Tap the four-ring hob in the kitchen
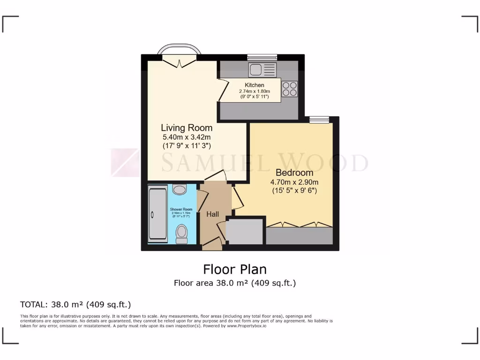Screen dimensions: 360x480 coord(290,89)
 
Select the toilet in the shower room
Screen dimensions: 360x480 coord(181,233)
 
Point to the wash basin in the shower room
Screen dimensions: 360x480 coord(179,189)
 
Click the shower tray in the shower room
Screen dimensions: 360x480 coord(157,214)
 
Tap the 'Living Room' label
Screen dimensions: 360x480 coord(187,127)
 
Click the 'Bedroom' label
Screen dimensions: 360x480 coord(294,172)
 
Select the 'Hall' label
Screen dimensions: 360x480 coord(213,214)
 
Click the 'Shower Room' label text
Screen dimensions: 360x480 coord(181,210)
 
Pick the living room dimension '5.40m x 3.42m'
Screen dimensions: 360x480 coord(187,137)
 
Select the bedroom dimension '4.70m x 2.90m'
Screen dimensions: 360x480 coord(294,182)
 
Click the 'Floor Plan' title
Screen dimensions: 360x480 coord(234,270)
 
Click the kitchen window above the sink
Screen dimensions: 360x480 coord(262,57)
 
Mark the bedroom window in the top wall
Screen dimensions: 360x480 coord(319,120)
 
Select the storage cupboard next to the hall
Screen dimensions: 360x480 coord(245,231)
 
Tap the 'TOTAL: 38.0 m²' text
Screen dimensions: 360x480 coord(75,304)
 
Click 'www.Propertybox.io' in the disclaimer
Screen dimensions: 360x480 coord(247,325)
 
